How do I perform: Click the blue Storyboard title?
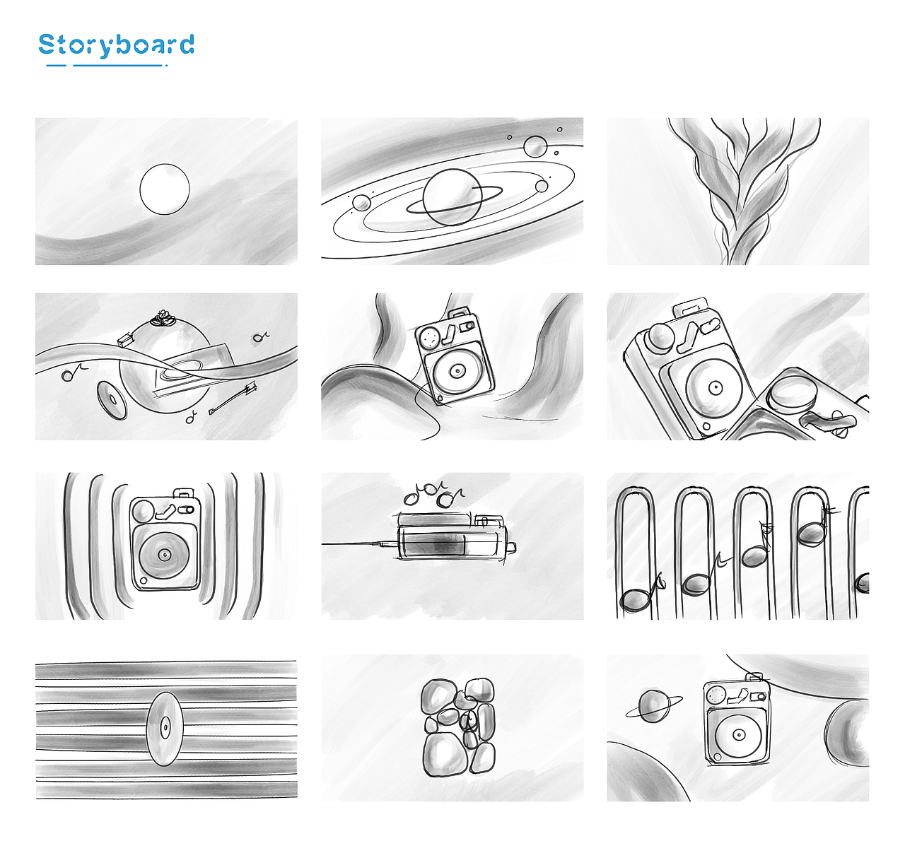tap(116, 45)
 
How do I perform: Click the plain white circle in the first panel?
tap(165, 189)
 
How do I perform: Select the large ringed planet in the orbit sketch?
tap(452, 197)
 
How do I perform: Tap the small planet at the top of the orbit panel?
tap(535, 147)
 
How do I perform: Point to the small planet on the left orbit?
tap(361, 204)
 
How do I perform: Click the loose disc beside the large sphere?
tap(112, 401)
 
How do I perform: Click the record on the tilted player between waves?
tap(456, 371)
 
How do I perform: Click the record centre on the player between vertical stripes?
tap(164, 555)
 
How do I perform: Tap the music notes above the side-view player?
tap(433, 495)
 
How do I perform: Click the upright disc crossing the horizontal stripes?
tap(165, 729)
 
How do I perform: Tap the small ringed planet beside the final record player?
tap(653, 706)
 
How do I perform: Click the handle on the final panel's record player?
tap(754, 677)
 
